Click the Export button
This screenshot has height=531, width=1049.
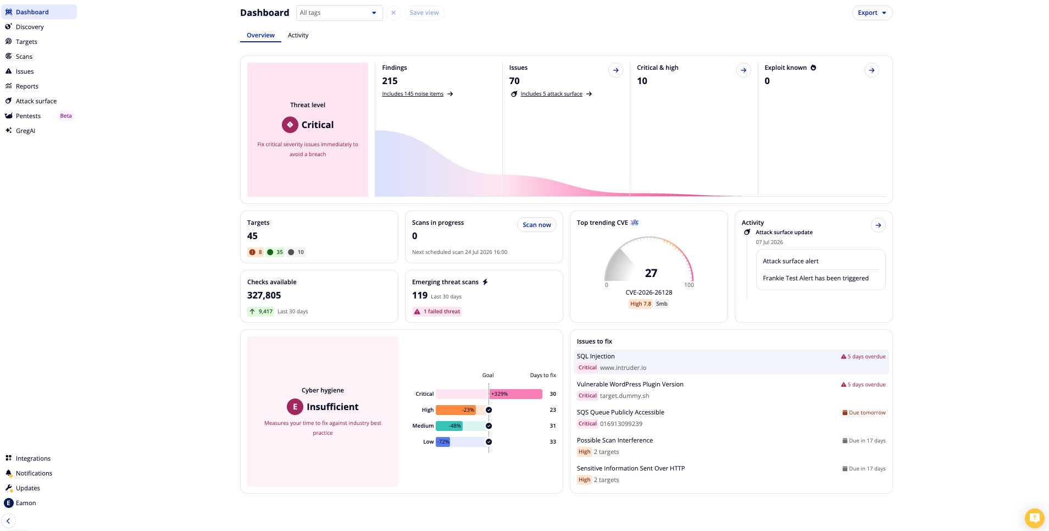pyautogui.click(x=872, y=13)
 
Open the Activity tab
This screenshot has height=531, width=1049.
pyautogui.click(x=298, y=35)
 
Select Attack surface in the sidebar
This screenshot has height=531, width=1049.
pyautogui.click(x=36, y=101)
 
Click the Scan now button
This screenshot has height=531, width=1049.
pyautogui.click(x=536, y=225)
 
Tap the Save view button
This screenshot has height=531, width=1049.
pyautogui.click(x=424, y=13)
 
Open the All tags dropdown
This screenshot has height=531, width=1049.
pyautogui.click(x=339, y=13)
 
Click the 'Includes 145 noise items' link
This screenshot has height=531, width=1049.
pyautogui.click(x=413, y=94)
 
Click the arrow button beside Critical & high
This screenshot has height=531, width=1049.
pyautogui.click(x=743, y=70)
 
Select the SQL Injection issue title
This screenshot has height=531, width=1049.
pyautogui.click(x=596, y=356)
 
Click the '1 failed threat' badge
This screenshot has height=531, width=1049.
pyautogui.click(x=437, y=312)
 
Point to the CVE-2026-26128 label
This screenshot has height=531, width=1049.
pyautogui.click(x=649, y=292)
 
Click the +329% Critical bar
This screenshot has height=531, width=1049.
pyautogui.click(x=515, y=394)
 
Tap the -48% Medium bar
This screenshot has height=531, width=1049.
pyautogui.click(x=449, y=426)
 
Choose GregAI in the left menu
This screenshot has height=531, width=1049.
pyautogui.click(x=25, y=131)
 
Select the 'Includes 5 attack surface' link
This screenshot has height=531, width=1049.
pyautogui.click(x=552, y=94)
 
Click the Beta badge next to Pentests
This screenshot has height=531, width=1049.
pyautogui.click(x=66, y=116)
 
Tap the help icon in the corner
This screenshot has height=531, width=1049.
pyautogui.click(x=1034, y=518)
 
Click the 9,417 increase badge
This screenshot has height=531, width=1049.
pyautogui.click(x=260, y=312)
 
